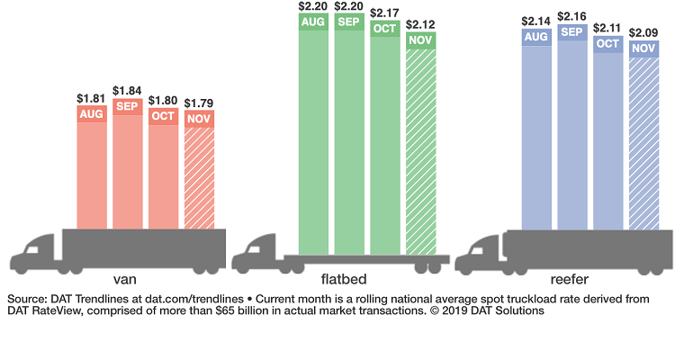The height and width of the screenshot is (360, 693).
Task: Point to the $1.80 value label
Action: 164,102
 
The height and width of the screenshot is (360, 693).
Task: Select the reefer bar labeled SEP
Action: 571,135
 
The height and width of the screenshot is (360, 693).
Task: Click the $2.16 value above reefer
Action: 571,17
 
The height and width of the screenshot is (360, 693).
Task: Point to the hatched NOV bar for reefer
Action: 643,144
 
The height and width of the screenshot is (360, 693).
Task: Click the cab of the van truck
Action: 36,253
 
